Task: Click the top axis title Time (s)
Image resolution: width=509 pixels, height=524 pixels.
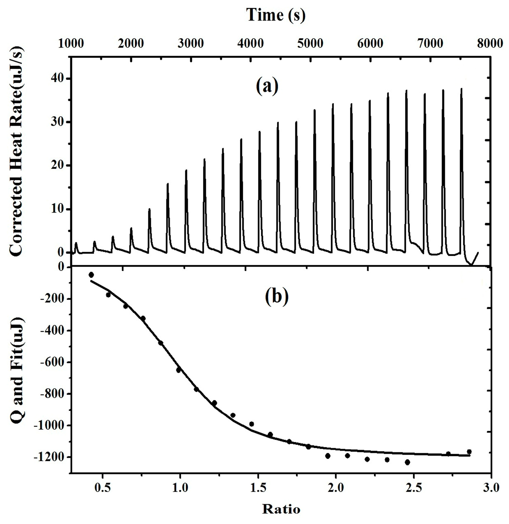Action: point(276,15)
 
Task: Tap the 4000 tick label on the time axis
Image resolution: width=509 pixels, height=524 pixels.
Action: point(251,44)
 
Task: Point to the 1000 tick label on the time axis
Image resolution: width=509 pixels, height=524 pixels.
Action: point(71,44)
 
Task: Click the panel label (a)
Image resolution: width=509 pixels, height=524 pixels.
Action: point(267,86)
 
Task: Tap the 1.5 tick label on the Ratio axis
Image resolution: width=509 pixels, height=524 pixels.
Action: point(258,488)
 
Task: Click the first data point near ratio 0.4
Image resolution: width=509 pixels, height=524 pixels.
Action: point(91,275)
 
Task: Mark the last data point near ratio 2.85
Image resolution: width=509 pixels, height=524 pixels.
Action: point(469,452)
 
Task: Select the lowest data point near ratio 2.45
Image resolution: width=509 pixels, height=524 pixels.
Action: point(407,462)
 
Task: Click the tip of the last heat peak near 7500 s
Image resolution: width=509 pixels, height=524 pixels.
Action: point(461,89)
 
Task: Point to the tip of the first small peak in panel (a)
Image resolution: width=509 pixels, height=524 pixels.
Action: point(76,243)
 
